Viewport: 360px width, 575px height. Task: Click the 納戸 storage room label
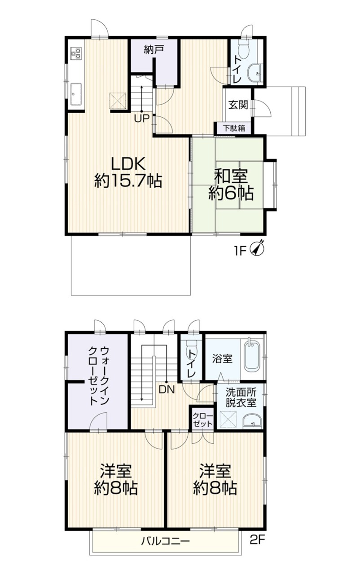click(x=154, y=49)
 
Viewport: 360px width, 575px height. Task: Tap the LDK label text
click(x=128, y=163)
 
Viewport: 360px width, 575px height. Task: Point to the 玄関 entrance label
click(x=238, y=105)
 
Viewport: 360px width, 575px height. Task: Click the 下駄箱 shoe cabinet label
click(x=233, y=128)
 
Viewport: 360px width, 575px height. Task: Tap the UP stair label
click(x=142, y=119)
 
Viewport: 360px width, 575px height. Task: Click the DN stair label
click(x=167, y=389)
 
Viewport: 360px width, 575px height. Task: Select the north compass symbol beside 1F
click(x=259, y=248)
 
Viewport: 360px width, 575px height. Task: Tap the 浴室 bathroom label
click(x=222, y=358)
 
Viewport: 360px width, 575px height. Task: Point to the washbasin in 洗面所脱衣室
click(x=252, y=421)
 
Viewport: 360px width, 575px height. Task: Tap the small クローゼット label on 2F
click(x=202, y=420)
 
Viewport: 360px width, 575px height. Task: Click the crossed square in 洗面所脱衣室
click(x=228, y=419)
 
